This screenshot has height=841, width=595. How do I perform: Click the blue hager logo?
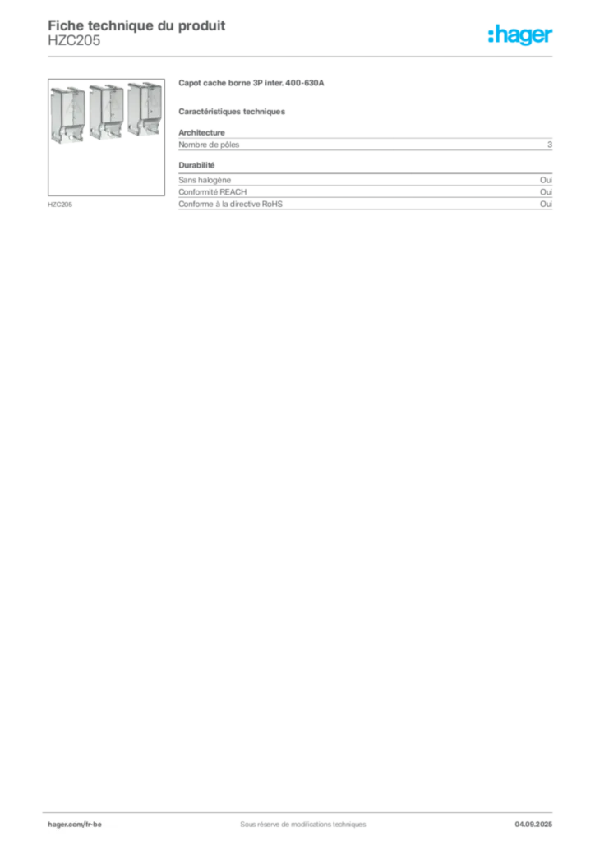click(521, 36)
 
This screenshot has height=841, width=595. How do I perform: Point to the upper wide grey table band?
click(366, 145)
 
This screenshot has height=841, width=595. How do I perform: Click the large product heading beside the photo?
click(253, 84)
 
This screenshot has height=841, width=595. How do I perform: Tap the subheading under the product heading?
click(233, 110)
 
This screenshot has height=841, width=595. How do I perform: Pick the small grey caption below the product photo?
click(62, 203)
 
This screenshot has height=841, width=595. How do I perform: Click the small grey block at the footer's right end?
click(540, 820)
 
